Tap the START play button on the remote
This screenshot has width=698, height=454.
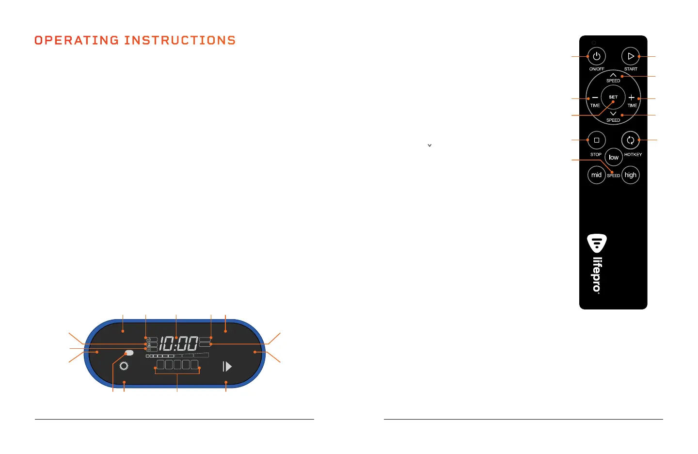[630, 56]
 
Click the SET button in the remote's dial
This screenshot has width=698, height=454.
[613, 97]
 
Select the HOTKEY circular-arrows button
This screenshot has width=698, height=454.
[630, 140]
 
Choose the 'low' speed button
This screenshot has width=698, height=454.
[614, 157]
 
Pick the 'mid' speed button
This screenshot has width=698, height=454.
[596, 175]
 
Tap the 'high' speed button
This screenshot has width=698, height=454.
[630, 175]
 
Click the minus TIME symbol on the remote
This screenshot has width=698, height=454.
[595, 98]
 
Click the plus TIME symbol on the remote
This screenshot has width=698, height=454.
[632, 98]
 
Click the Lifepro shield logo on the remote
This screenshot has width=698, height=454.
[597, 243]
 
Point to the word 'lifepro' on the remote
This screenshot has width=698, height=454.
[597, 275]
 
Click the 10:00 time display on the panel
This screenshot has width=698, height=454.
[178, 344]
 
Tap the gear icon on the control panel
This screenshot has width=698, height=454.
[124, 366]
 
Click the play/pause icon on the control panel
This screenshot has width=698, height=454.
[227, 366]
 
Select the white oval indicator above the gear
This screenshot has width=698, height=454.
[129, 353]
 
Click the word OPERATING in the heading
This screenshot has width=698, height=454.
[77, 40]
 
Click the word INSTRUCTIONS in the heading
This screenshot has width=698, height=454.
[180, 40]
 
